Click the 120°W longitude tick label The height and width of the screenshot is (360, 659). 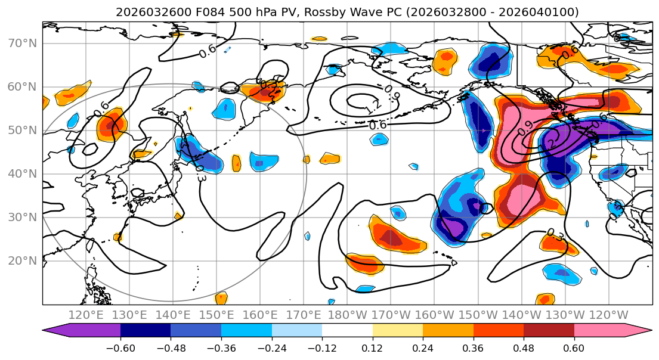pos(608,315)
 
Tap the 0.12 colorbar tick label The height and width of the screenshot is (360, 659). pos(372,346)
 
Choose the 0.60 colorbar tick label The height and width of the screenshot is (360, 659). pos(574,346)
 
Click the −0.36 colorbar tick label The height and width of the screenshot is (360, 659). pos(221,346)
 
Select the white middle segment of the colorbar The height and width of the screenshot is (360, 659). pos(347,330)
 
